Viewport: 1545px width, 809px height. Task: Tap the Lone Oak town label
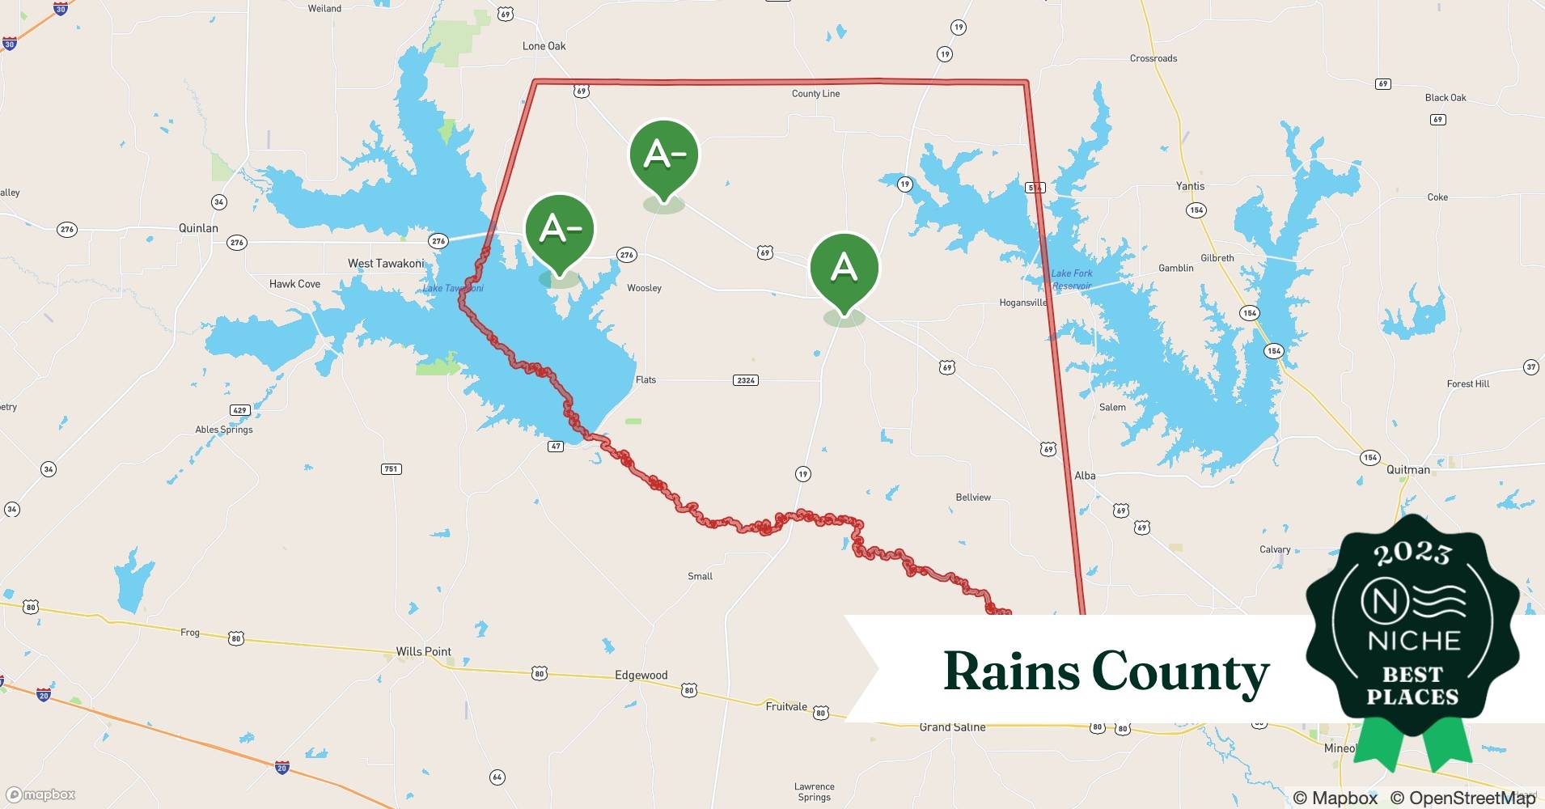click(544, 46)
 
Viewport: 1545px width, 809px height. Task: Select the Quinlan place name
click(198, 228)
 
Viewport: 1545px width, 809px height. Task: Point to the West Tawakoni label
click(386, 263)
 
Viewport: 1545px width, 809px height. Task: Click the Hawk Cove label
click(294, 284)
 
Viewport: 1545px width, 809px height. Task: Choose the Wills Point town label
click(423, 651)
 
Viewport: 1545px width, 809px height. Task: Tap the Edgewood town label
click(641, 675)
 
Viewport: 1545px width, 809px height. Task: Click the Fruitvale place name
click(786, 706)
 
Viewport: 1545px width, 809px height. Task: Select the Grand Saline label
click(952, 727)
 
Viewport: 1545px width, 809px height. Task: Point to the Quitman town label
click(1407, 469)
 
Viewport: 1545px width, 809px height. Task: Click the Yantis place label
click(1190, 186)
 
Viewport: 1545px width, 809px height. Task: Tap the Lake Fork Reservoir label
click(1072, 279)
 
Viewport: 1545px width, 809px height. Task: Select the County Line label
click(815, 94)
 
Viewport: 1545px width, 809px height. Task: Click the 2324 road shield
click(745, 380)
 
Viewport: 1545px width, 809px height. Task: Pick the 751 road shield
click(392, 469)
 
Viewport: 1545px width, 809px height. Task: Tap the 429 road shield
click(239, 410)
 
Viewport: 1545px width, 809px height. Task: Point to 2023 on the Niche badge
click(1412, 553)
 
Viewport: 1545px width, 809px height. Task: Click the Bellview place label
click(973, 498)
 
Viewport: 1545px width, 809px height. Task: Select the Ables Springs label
click(224, 430)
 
